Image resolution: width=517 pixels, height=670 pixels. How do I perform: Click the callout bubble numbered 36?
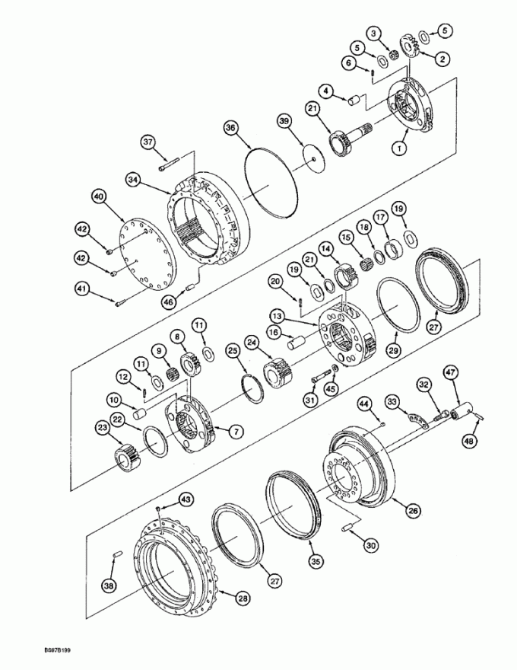coord(231,128)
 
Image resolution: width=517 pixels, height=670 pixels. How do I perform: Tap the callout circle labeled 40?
coord(99,197)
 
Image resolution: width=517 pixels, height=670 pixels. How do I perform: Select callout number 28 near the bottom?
coord(243,598)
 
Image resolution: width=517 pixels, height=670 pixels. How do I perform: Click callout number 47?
coord(452,372)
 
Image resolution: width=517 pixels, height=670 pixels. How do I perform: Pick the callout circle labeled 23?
coord(103,427)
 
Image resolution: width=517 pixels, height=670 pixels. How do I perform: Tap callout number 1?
coord(400,148)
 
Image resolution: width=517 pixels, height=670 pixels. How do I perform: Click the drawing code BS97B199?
coord(56,650)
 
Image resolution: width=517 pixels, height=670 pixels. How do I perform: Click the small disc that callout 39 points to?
coord(313,159)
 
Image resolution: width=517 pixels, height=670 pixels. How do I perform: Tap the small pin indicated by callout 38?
coord(118,554)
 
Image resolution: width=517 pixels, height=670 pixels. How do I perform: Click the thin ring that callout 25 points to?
coord(252,387)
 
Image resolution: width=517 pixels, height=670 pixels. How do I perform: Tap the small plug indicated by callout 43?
coord(159,508)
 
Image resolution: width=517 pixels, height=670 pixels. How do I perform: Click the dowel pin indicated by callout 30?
coord(347,528)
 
